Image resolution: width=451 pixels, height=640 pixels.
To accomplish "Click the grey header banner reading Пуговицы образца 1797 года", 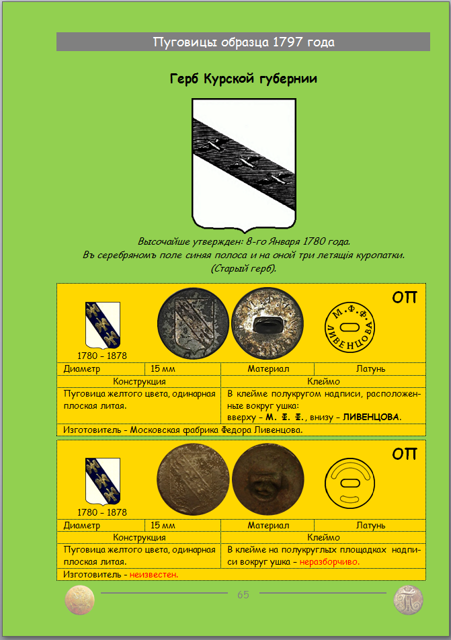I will coord(243,42).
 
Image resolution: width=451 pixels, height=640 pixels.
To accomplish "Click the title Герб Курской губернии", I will coord(244,79).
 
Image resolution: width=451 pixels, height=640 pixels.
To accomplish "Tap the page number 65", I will coord(243,595).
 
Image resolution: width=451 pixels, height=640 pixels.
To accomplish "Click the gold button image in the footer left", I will coord(79,599).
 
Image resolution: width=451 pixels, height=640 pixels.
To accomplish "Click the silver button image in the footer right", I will coord(408,599).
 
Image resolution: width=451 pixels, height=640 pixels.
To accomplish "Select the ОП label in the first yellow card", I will coord(405,297).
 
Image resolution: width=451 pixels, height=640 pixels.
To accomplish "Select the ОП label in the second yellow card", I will coord(405,454).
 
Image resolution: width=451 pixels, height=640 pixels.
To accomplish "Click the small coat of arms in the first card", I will coord(103,325).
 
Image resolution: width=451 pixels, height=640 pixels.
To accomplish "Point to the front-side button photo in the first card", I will coord(192,323).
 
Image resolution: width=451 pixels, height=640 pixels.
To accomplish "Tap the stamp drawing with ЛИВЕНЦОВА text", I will coord(350,326).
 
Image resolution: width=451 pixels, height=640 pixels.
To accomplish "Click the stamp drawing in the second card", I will coord(350,483).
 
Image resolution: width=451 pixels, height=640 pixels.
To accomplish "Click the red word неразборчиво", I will coord(329,561).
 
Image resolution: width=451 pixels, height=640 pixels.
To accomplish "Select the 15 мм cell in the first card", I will coord(163,368).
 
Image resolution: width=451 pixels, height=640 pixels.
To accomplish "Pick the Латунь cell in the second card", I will coord(370,525).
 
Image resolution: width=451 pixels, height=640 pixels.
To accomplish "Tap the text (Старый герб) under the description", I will coord(243,268).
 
